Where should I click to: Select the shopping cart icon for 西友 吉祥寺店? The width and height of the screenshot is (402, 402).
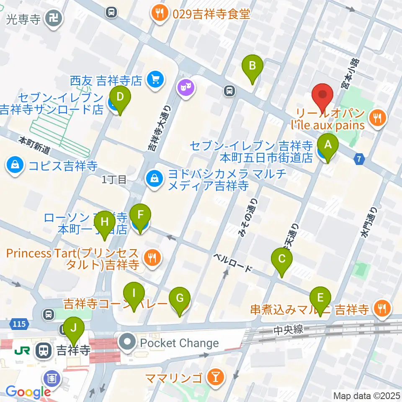(x=156, y=78)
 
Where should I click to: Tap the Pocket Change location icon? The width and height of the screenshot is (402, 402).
(x=127, y=343)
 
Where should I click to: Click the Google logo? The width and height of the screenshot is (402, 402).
(x=28, y=392)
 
